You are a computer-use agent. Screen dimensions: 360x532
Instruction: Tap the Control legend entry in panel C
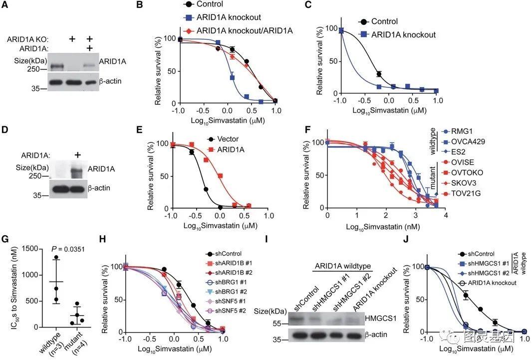coord(384,21)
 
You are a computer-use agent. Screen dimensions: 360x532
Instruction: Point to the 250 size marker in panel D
coord(36,176)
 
